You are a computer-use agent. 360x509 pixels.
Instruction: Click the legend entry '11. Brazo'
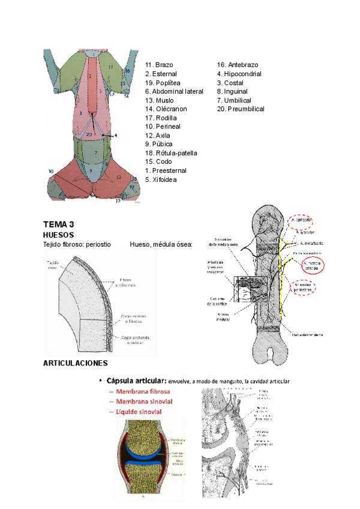click(x=158, y=65)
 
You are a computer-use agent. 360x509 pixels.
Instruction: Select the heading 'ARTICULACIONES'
click(x=76, y=364)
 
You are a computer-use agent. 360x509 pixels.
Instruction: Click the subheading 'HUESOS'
click(x=58, y=235)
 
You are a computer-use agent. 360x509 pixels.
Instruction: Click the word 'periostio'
click(x=96, y=244)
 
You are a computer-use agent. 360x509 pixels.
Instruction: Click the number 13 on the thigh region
click(x=119, y=178)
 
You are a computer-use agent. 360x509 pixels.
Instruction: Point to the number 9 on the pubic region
click(x=91, y=170)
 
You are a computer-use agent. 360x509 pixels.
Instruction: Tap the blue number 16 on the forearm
click(x=127, y=71)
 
